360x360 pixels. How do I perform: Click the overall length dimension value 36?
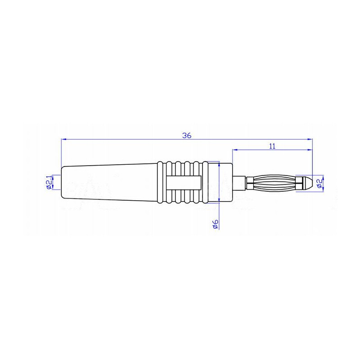click(x=187, y=135)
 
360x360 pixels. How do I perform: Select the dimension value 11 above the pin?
click(x=272, y=146)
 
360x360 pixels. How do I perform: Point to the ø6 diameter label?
click(x=215, y=224)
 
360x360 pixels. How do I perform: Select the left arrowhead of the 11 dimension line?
click(x=235, y=150)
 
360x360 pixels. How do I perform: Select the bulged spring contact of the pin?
click(x=275, y=182)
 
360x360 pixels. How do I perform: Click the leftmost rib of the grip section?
click(x=161, y=182)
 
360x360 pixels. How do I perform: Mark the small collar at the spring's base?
click(x=249, y=182)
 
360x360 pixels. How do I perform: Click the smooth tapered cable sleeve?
click(x=108, y=182)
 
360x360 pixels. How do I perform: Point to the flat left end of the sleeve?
click(x=61, y=182)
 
